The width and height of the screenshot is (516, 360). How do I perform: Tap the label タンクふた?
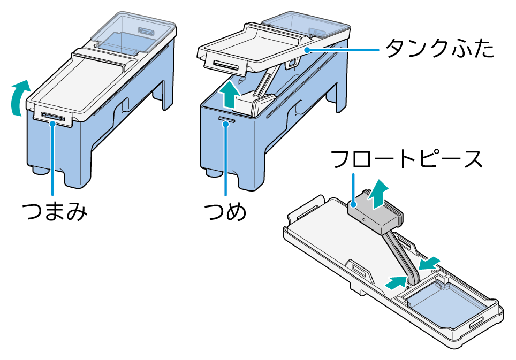[439, 48]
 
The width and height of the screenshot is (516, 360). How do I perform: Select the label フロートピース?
[407, 159]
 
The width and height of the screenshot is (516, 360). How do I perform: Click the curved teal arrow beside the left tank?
[20, 98]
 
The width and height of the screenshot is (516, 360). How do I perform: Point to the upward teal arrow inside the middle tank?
[229, 95]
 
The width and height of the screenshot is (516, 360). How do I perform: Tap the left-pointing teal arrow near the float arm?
[429, 263]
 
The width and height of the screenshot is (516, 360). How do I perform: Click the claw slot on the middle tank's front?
[227, 120]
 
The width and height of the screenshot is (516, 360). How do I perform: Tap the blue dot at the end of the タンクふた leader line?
[307, 50]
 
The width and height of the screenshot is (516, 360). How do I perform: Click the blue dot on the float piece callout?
[353, 204]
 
